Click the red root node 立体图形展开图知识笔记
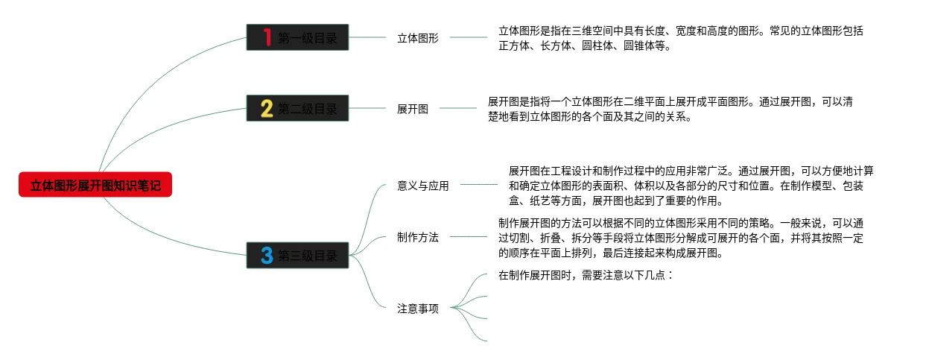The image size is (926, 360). pos(95,185)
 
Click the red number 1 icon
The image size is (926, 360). pos(267,37)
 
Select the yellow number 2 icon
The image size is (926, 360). pos(267,109)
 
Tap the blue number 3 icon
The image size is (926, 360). pos(267,256)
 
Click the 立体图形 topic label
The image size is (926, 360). pos(418,38)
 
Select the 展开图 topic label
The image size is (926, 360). pos(413,109)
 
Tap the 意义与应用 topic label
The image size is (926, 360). pos(423,186)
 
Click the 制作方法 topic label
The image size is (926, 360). pos(418,237)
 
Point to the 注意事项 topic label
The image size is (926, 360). pos(418,308)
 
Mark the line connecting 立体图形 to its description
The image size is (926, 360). pos(469,37)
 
